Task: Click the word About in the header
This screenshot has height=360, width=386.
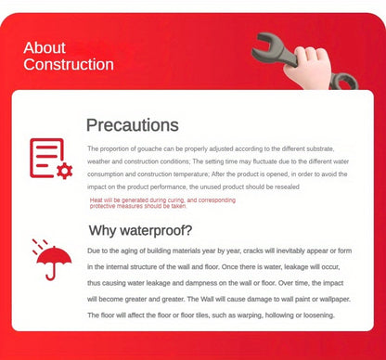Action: pos(45,48)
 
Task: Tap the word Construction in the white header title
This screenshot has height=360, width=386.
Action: pos(69,65)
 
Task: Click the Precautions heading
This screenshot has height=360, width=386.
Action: pos(133,124)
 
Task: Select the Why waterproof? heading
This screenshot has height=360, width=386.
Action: pos(141,230)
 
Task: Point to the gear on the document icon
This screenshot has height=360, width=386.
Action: pos(63,171)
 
